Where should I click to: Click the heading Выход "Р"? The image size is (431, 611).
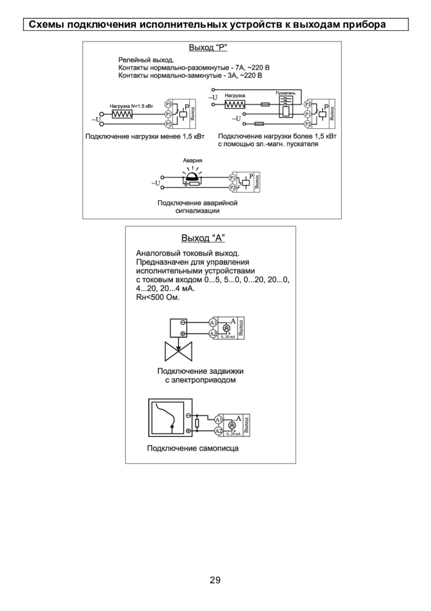208,47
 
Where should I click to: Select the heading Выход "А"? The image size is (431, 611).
203,238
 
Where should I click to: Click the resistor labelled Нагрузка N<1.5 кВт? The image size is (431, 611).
122,114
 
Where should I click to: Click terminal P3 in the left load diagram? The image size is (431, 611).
168,104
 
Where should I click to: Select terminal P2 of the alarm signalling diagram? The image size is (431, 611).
232,188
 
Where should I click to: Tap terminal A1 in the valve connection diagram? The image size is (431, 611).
213,323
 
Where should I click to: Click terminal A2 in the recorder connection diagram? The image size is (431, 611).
218,431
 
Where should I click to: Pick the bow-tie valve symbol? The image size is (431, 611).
178,352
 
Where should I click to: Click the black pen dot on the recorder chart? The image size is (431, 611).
172,427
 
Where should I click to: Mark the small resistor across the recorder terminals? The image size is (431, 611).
197,423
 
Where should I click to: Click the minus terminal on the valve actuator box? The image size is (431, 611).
182,323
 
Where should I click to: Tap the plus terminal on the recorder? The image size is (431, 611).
188,431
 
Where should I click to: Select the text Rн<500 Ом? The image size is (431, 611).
158,297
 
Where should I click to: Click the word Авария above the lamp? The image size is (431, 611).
193,161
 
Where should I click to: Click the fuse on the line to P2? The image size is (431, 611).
259,124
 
